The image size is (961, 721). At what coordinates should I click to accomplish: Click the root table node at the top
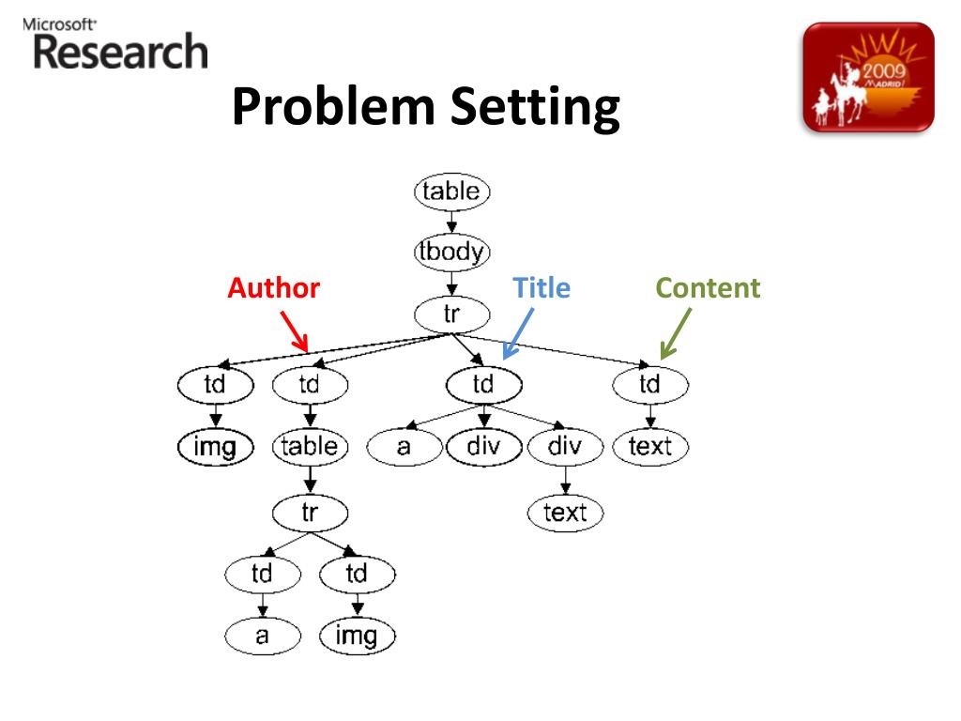(451, 192)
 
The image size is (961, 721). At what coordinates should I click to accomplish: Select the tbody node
(451, 252)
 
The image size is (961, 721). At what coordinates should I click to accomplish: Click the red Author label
(273, 288)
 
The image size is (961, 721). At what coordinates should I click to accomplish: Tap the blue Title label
(542, 288)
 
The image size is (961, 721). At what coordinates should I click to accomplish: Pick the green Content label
(708, 288)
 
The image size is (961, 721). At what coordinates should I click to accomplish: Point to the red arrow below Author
(294, 331)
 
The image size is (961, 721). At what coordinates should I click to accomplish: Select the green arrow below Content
(676, 334)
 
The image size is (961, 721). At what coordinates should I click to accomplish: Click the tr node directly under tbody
(451, 313)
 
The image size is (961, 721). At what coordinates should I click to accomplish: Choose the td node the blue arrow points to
(483, 384)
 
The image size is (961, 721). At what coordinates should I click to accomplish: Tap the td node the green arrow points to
(650, 384)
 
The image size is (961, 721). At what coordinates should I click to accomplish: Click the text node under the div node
(565, 513)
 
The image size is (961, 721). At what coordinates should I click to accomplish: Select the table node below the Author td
(310, 446)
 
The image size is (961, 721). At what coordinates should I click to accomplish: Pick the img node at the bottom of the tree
(357, 637)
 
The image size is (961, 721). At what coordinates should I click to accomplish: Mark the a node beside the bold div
(404, 447)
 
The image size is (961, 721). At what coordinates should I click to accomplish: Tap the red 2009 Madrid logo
(869, 77)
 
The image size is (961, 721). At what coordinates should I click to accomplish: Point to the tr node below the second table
(310, 513)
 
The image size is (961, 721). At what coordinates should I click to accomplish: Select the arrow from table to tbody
(451, 222)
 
